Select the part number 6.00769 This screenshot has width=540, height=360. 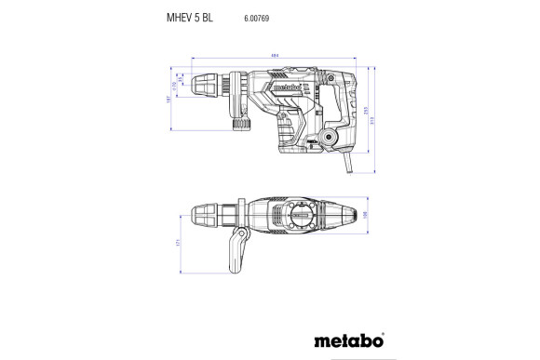coord(257,17)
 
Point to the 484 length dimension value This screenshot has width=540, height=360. coord(276,56)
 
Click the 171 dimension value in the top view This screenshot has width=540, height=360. coord(178,245)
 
